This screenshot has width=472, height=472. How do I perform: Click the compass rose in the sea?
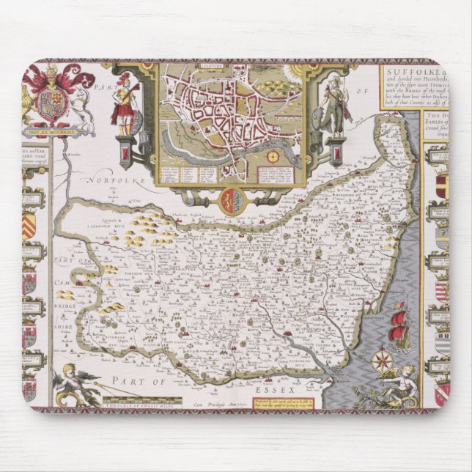click(x=381, y=360)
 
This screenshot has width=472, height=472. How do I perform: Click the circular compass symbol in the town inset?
click(x=273, y=156)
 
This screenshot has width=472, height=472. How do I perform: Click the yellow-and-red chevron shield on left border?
click(x=29, y=228)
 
